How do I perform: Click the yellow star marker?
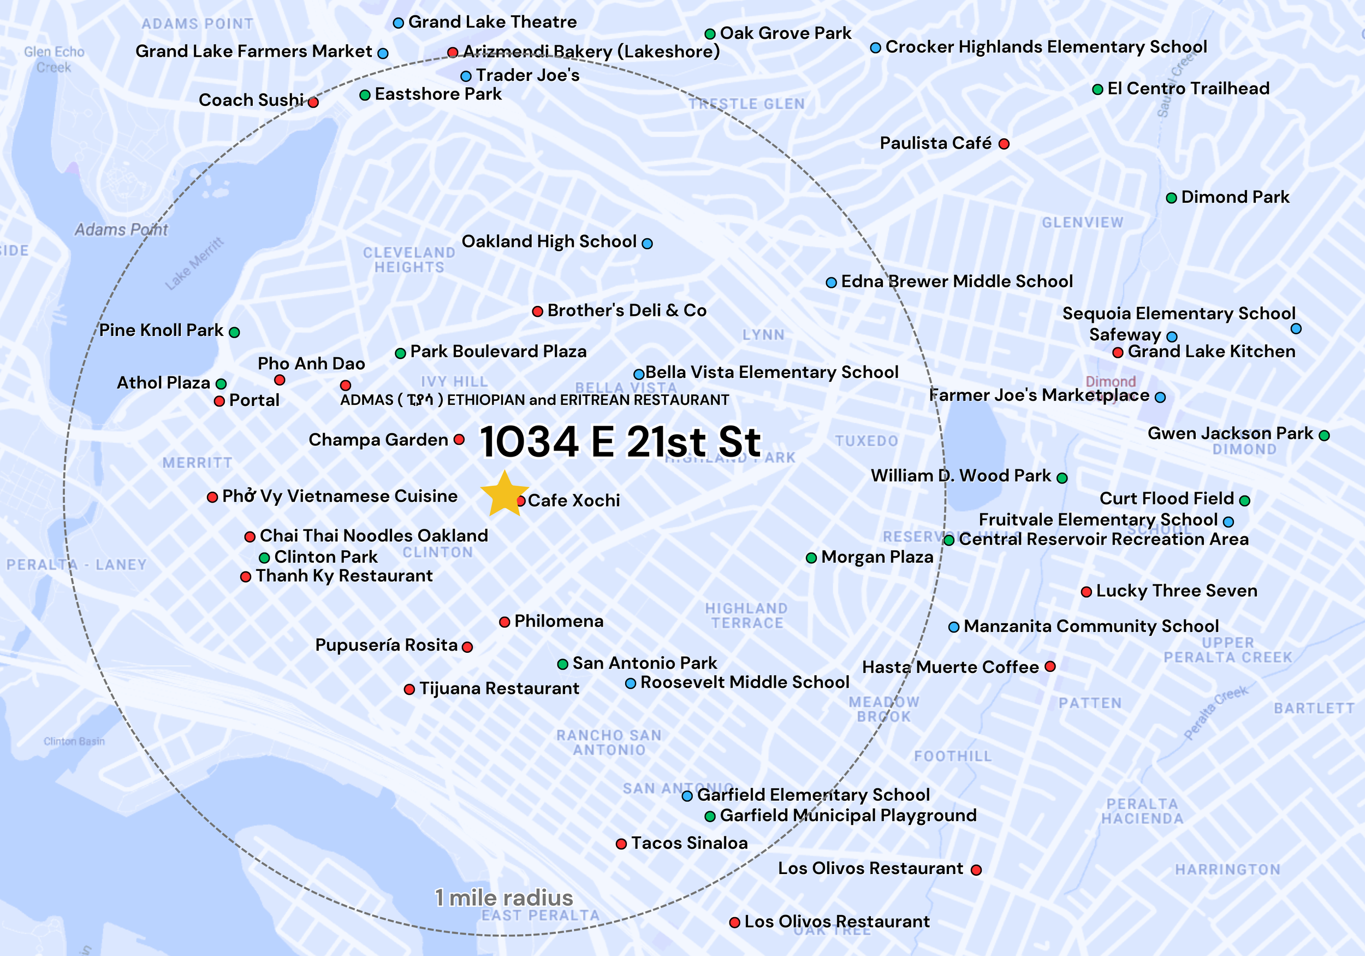504,494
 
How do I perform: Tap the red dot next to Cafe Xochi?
521,501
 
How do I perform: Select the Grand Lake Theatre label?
492,22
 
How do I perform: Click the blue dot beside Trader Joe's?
466,76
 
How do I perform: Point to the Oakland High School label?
549,241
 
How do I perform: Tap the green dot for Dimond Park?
1171,198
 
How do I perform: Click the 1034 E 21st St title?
620,442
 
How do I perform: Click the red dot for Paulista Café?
1004,144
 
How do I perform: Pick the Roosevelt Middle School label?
744,682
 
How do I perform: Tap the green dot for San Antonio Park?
562,664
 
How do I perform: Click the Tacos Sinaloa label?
689,843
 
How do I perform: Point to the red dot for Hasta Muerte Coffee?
1050,666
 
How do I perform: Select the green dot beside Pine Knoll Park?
234,332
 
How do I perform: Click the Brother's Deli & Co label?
627,310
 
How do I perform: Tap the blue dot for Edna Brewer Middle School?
831,282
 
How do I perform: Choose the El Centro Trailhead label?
1188,88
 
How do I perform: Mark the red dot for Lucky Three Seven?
1085,592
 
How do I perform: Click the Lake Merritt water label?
194,263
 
